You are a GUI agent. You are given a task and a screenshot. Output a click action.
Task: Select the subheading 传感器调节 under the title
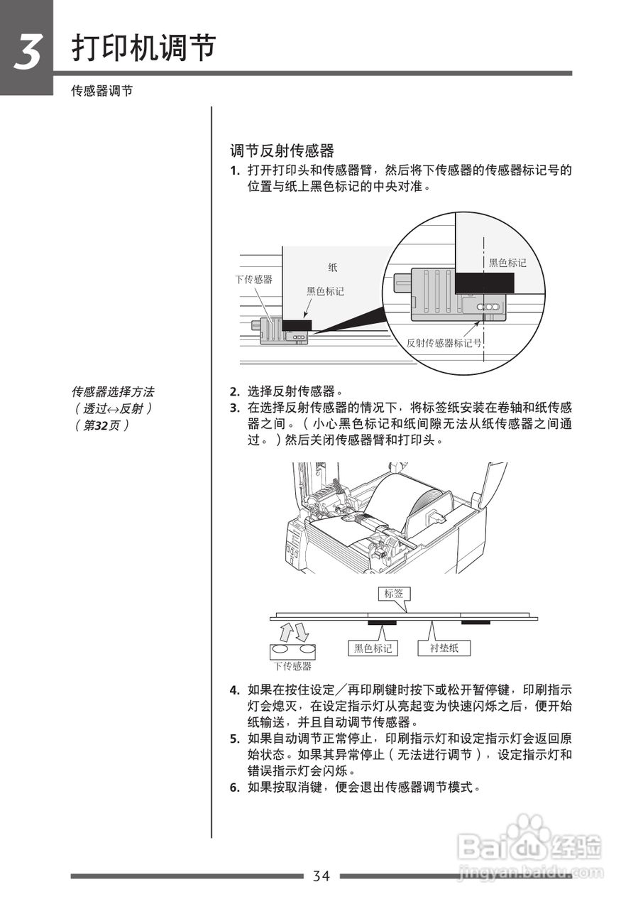101,92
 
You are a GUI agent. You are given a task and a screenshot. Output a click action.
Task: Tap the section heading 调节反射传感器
282,151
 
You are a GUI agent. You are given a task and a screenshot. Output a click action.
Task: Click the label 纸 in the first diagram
333,268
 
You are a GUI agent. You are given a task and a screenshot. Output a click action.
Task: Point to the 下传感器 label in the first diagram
254,279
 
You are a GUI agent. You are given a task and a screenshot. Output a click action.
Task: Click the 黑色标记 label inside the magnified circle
507,263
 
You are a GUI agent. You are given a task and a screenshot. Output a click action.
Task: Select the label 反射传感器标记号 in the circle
444,342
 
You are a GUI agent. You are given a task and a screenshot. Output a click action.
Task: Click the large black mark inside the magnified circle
483,283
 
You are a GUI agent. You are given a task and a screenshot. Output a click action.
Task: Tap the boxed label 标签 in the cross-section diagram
393,594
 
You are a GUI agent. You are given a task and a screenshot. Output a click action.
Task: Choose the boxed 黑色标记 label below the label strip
373,648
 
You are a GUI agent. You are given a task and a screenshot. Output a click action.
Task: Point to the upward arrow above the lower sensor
285,631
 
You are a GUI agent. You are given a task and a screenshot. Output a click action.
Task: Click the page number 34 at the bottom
321,876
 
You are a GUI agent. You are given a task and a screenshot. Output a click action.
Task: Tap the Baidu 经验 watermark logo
529,849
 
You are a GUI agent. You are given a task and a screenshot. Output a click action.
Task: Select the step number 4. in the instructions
234,690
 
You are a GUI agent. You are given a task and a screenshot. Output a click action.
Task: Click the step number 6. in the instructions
234,788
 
